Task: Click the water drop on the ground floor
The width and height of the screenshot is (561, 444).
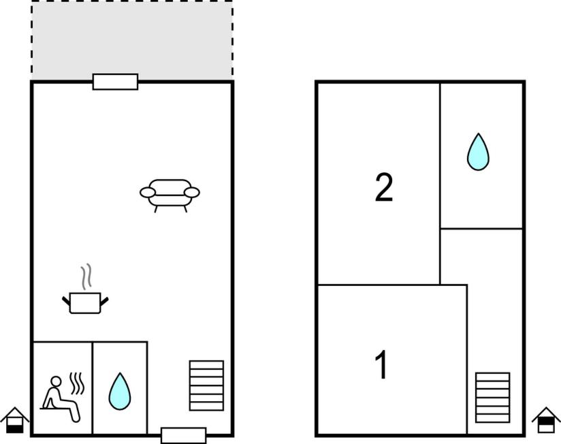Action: click(120, 391)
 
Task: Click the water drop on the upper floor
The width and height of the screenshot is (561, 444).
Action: click(478, 152)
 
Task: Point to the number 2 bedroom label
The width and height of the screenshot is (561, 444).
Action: click(384, 187)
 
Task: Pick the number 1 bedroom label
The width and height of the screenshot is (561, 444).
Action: click(381, 364)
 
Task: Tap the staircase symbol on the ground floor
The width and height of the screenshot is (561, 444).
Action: click(206, 385)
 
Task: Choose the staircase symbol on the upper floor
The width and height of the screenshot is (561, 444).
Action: click(493, 398)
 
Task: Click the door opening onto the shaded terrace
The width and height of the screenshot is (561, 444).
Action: click(115, 82)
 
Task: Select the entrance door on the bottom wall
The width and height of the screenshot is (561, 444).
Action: click(184, 435)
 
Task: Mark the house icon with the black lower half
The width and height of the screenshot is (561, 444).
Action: click(15, 420)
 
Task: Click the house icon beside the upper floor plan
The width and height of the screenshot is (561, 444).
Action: click(546, 420)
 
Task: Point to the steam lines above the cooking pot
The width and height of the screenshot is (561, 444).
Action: click(86, 276)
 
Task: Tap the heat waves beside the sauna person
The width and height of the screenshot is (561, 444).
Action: click(77, 383)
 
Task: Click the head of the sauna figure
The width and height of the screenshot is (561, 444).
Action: click(56, 381)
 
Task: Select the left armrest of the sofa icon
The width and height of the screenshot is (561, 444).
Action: click(148, 193)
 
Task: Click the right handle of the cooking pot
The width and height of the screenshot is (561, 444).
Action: click(103, 302)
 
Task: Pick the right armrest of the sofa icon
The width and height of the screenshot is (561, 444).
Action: click(192, 193)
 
